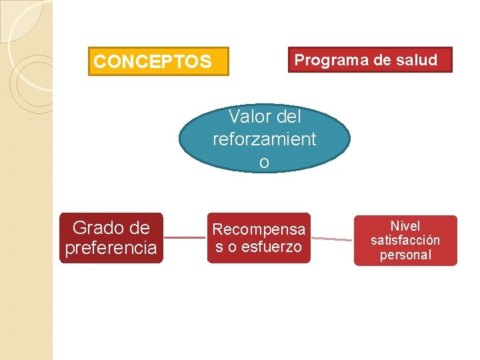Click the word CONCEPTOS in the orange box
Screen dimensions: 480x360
pyautogui.click(x=153, y=62)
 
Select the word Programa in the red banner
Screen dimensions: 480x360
pyautogui.click(x=324, y=60)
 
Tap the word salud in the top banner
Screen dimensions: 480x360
pyautogui.click(x=416, y=60)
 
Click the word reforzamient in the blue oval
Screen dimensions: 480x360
pyautogui.click(x=264, y=139)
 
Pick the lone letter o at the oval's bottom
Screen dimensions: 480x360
pyautogui.click(x=264, y=162)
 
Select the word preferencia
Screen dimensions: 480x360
pyautogui.click(x=111, y=248)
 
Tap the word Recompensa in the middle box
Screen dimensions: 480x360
pyautogui.click(x=259, y=229)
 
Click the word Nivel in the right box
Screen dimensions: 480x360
pyautogui.click(x=405, y=226)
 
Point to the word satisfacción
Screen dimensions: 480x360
pyautogui.click(x=405, y=240)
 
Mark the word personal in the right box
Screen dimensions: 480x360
pyautogui.click(x=405, y=255)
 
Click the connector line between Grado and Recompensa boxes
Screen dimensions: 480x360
pyautogui.click(x=185, y=237)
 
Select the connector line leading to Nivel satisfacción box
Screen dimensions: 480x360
pyautogui.click(x=331, y=239)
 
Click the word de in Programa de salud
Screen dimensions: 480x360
pyautogui.click(x=382, y=60)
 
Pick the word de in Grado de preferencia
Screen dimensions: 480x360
pyautogui.click(x=139, y=228)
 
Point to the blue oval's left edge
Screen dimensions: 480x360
pyautogui.click(x=181, y=139)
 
